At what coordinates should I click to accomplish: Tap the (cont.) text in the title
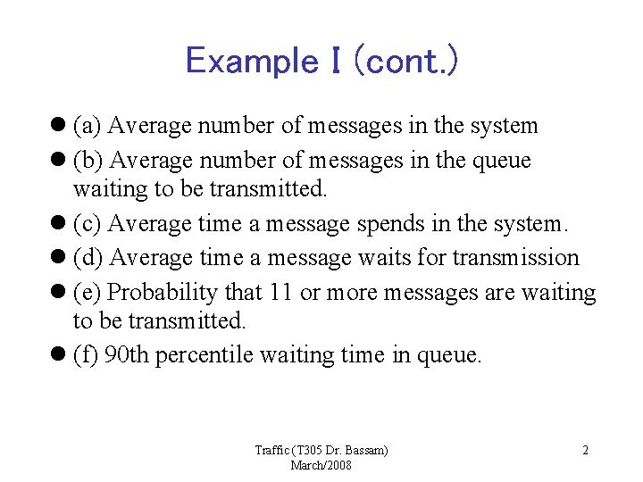tap(405, 61)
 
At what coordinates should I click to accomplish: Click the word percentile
tap(205, 356)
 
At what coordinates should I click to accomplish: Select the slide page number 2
tap(585, 451)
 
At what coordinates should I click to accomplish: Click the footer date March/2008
tap(321, 465)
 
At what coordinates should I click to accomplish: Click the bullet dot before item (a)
tap(59, 126)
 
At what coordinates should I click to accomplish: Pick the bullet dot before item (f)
tap(59, 355)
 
